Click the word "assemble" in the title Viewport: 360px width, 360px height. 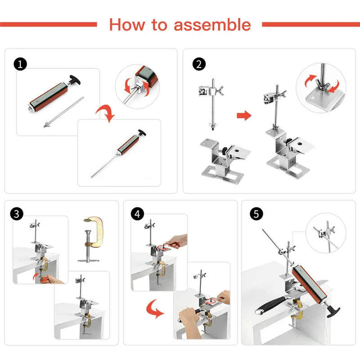point(212,25)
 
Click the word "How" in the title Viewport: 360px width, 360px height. point(127,24)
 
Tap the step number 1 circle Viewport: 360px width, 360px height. point(20,64)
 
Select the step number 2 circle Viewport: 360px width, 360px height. point(199,64)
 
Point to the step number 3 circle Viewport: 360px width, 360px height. point(17,214)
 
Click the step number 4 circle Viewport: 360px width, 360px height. point(137,214)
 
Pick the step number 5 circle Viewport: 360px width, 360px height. point(256,214)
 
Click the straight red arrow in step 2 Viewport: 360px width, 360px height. point(244,115)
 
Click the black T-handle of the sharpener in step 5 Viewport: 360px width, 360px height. point(333,310)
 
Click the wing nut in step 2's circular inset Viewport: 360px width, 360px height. point(323,85)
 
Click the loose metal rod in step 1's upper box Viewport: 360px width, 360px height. point(63,112)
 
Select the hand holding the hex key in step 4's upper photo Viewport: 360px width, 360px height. point(177,241)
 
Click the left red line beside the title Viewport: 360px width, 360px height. point(49,24)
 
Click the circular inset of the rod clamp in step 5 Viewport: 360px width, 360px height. point(326,233)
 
